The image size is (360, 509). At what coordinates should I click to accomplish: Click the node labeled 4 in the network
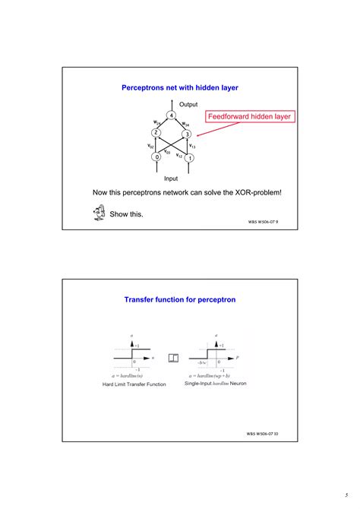tap(172, 115)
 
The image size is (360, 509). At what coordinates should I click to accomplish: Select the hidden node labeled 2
tap(156, 133)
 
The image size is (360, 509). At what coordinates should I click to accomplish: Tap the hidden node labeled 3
tap(186, 134)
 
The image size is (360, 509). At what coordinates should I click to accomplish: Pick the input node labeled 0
tap(156, 157)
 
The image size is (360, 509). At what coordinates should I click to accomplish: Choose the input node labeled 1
tap(190, 158)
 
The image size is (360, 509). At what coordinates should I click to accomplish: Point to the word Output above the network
tap(188, 104)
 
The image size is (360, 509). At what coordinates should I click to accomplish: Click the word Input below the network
tap(172, 179)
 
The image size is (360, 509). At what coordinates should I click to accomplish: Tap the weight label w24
tap(156, 122)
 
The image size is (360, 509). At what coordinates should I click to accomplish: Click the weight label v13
tap(193, 145)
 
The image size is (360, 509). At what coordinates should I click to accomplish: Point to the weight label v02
tap(150, 145)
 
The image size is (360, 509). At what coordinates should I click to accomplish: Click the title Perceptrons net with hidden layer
tap(180, 88)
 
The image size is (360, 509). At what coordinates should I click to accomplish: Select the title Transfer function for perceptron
tap(180, 299)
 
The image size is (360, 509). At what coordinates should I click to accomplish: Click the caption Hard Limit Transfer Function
tap(134, 384)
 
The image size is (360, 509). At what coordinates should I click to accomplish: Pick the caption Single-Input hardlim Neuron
tap(216, 384)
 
